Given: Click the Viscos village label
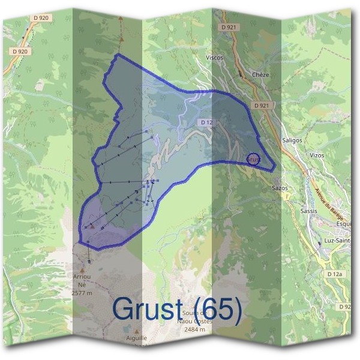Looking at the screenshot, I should click(214, 58).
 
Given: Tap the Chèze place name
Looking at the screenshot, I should click(261, 75).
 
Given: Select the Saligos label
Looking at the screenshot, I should click(292, 140).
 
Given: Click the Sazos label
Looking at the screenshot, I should click(280, 188).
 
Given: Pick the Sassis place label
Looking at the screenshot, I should click(309, 211).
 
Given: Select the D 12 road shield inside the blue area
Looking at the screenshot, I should click(207, 122).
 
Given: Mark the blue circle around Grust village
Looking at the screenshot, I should click(253, 159).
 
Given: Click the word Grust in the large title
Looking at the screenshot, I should click(148, 309).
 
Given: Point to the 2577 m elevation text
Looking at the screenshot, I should click(82, 293).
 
